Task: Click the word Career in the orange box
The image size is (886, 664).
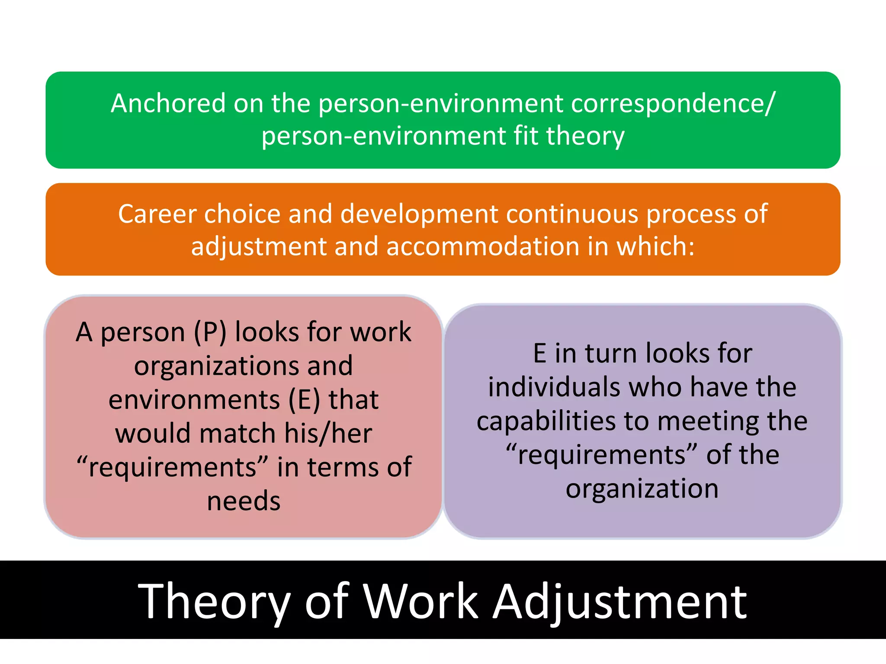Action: tap(157, 214)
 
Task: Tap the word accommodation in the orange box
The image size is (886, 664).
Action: tap(483, 246)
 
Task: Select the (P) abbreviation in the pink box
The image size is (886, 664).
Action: tap(210, 332)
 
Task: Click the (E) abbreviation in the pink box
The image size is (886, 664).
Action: tap(304, 400)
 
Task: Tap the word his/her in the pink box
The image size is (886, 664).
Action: tap(328, 434)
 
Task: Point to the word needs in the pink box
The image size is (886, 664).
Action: tap(244, 501)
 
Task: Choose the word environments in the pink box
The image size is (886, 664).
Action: tap(194, 400)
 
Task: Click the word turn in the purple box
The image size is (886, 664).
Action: tap(611, 353)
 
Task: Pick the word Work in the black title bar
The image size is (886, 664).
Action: tap(420, 601)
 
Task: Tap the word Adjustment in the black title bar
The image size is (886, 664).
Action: tap(620, 602)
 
